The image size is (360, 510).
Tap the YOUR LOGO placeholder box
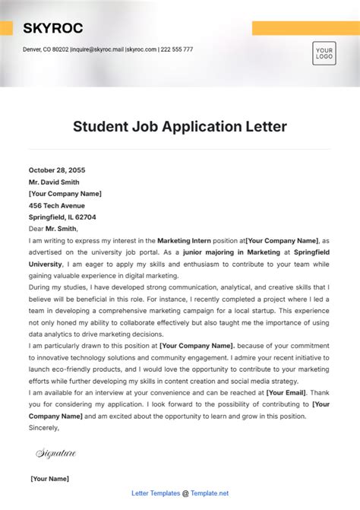324,54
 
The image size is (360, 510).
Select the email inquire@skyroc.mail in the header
97,49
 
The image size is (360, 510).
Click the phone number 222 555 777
177,49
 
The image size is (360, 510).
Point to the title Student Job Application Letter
180,126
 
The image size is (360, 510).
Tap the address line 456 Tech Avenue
57,205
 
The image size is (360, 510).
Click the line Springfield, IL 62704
62,217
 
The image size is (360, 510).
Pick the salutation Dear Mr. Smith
53,228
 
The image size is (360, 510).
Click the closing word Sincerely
44,428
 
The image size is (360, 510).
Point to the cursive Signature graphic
56,454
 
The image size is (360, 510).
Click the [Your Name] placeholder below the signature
49,479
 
